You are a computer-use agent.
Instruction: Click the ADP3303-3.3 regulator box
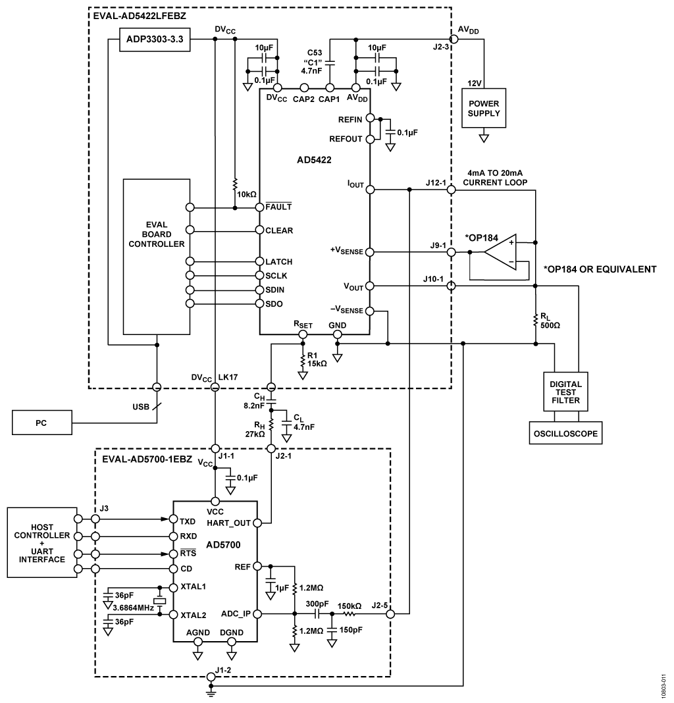pos(154,39)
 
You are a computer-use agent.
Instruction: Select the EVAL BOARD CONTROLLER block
pos(157,257)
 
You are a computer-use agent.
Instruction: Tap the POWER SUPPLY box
pos(483,108)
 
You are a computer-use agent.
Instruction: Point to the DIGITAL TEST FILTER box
pos(565,392)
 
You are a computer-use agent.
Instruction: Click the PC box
pos(41,423)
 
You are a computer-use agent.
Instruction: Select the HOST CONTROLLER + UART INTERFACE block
pos(42,542)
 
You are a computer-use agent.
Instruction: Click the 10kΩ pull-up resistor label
pos(247,195)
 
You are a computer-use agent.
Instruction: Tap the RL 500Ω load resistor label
pos(550,321)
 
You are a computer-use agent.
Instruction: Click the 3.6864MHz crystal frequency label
pos(133,608)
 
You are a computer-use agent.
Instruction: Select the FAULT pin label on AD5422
pos(278,206)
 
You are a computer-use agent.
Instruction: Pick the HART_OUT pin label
pos(228,523)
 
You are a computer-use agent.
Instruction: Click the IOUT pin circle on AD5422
pos(370,190)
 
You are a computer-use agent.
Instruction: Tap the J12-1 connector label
pos(436,182)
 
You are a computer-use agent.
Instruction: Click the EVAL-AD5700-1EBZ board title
pos(147,459)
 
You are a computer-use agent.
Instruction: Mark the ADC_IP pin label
pos(236,613)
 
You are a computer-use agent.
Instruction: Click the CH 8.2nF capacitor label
pos(253,402)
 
